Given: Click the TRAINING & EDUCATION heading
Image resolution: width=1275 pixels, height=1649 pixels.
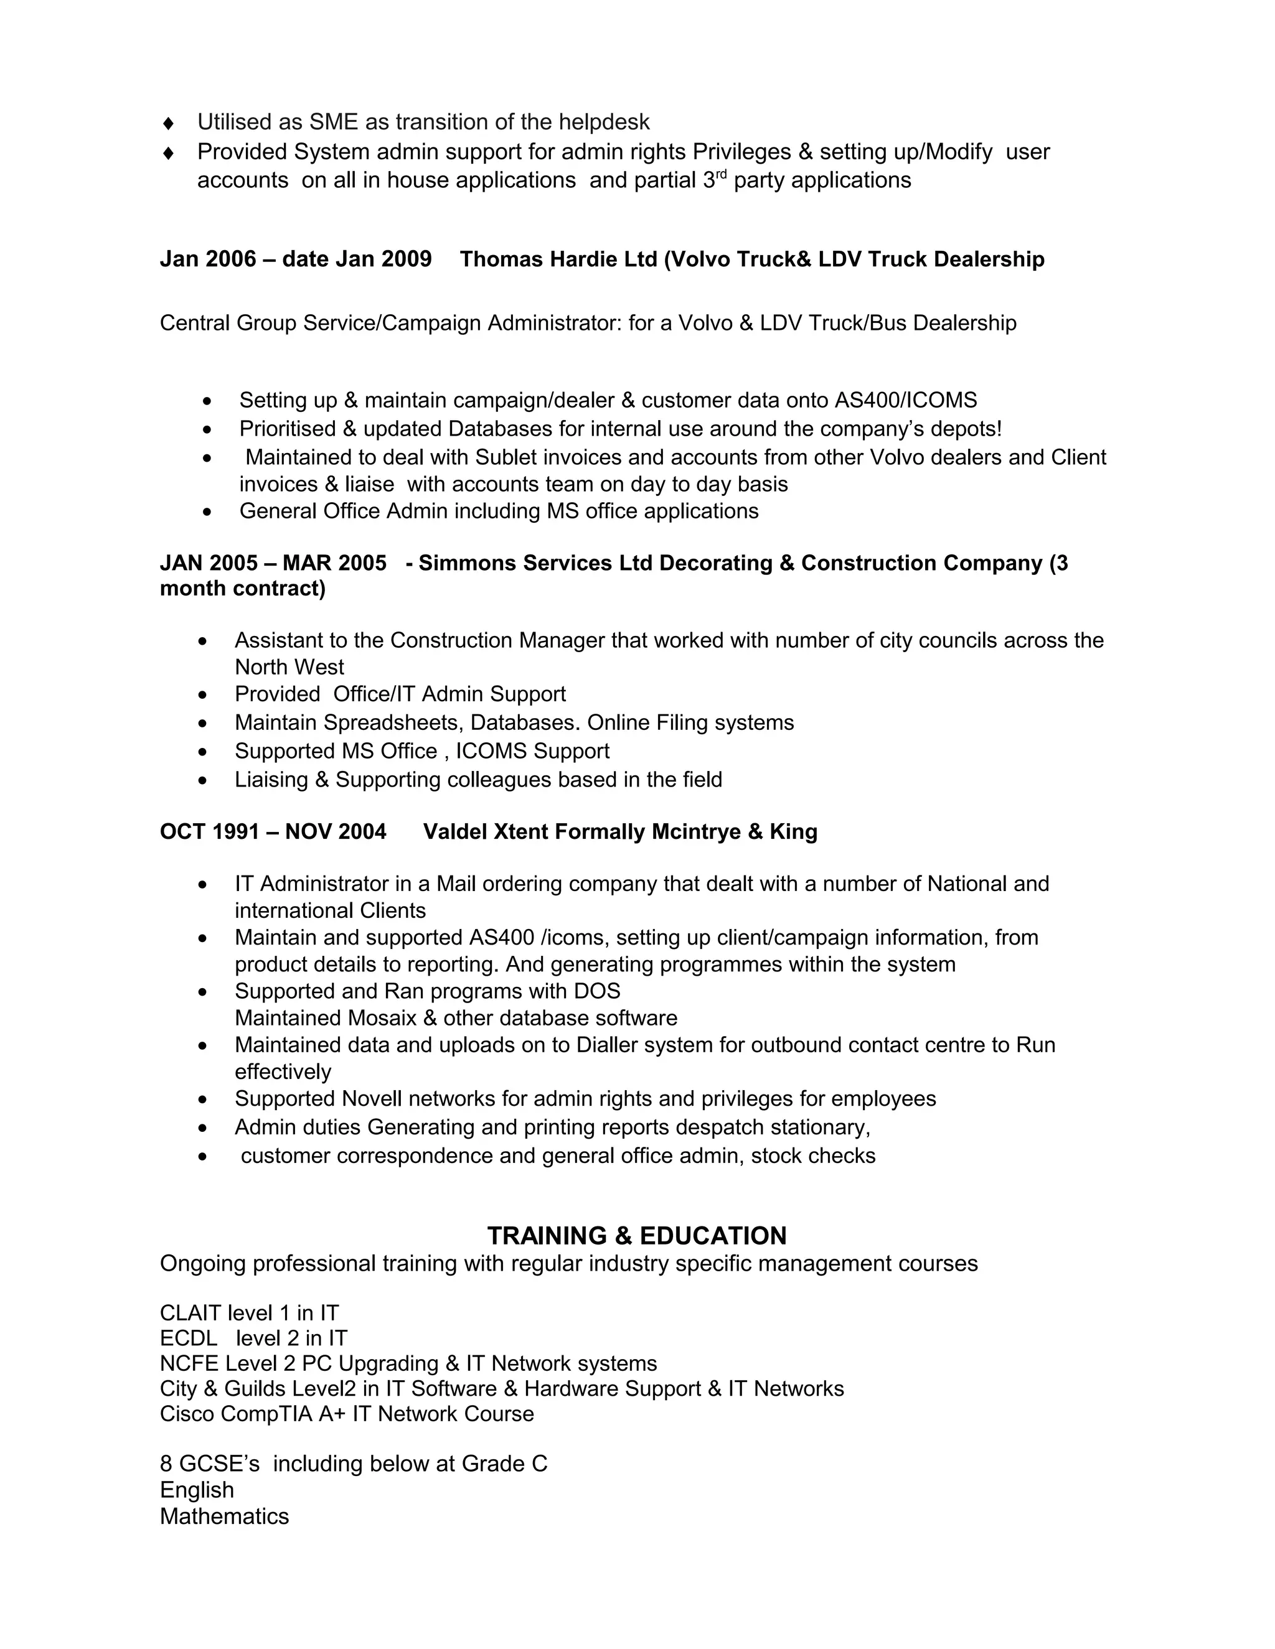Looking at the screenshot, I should (637, 1235).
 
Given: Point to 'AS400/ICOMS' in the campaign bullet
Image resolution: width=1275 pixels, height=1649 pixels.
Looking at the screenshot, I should (906, 399).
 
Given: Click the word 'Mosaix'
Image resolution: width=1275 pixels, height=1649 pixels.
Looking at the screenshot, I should (382, 1018).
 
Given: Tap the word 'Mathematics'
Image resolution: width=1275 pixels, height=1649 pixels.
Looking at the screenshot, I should (224, 1516).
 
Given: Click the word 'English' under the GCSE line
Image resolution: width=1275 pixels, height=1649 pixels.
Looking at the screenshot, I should (196, 1490).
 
